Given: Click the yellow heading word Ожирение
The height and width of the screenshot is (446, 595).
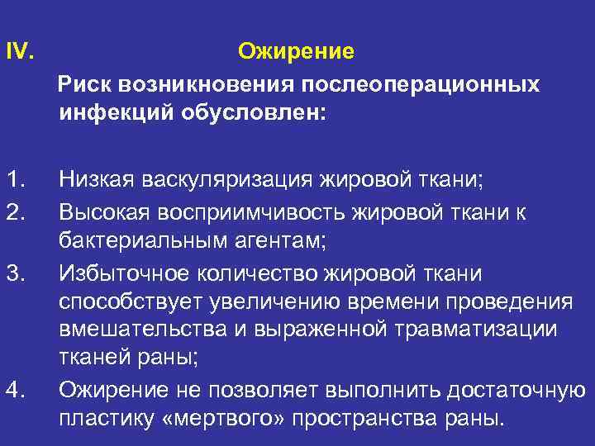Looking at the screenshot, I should (x=296, y=52).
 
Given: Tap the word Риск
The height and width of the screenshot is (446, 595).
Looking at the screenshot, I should (x=83, y=85).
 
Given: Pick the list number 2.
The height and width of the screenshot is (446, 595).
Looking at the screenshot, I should (x=14, y=212).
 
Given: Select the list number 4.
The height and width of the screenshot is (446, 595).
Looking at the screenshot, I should (x=14, y=389).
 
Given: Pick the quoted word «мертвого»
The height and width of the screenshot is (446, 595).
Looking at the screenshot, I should (x=217, y=417).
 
